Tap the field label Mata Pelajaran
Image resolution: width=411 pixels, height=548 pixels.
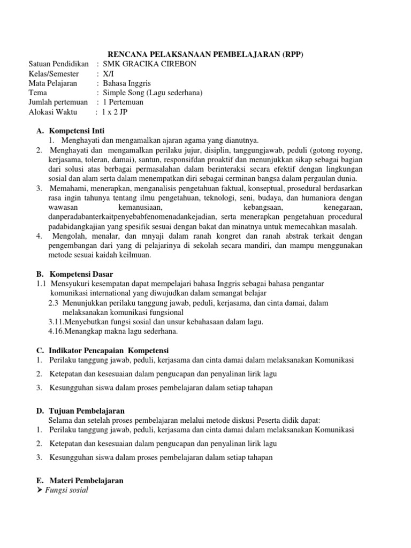click(x=52, y=83)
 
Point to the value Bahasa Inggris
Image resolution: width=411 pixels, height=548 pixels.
click(x=127, y=83)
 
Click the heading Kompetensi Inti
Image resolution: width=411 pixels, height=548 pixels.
click(x=77, y=131)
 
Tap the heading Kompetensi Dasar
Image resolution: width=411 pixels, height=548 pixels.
click(x=80, y=274)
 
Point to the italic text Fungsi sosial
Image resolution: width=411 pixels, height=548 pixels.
click(x=68, y=490)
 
